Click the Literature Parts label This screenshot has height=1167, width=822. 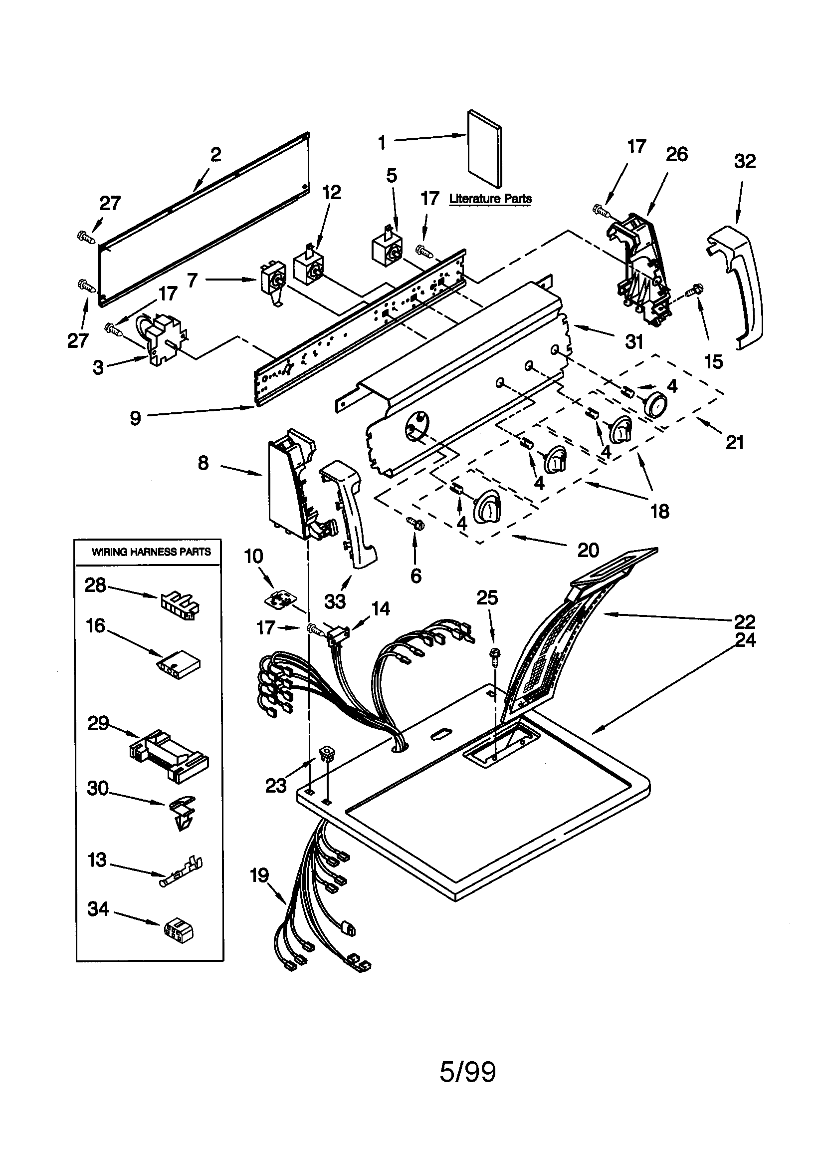pos(490,199)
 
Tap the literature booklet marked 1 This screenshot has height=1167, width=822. pos(485,148)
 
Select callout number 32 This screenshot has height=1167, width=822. pos(745,161)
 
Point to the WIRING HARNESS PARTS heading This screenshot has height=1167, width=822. pos(151,552)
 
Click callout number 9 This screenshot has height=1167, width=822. pos(135,418)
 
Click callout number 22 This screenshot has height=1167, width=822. pos(745,621)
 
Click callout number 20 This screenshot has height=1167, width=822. pos(588,550)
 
